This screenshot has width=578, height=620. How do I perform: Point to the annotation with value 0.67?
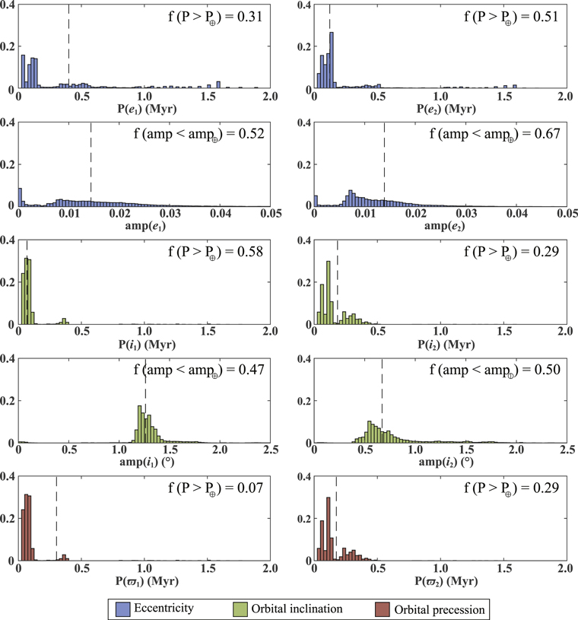tap(494, 134)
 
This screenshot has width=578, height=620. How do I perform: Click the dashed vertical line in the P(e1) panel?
tap(68, 46)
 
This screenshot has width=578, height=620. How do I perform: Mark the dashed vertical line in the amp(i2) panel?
tap(382, 399)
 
